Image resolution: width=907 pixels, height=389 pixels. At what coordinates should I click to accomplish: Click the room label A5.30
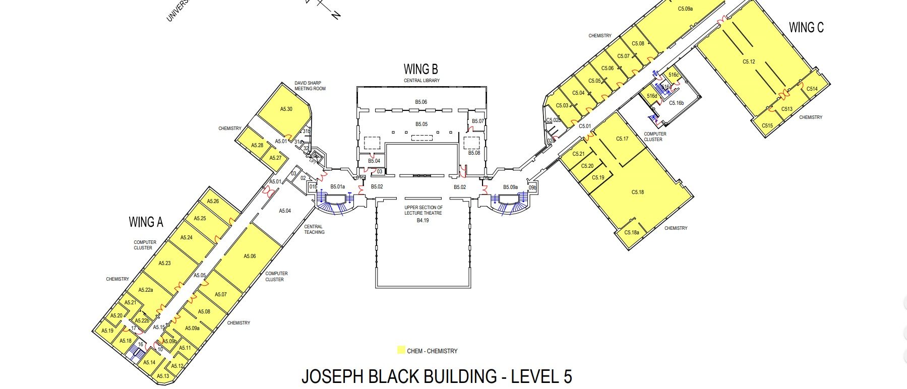(x=286, y=109)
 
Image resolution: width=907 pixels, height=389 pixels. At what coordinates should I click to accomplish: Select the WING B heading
(x=420, y=69)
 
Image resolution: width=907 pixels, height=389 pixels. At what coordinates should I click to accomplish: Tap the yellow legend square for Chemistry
(x=401, y=350)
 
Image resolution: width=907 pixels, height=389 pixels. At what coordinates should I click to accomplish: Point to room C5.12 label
(x=749, y=62)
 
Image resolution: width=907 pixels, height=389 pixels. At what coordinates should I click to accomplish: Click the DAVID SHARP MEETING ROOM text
(x=310, y=86)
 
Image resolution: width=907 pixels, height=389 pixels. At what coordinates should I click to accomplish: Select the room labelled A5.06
(x=250, y=256)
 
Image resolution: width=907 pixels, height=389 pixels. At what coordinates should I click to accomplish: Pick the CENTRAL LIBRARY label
(x=421, y=81)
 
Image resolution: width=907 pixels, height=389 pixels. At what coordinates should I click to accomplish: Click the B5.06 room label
(x=421, y=102)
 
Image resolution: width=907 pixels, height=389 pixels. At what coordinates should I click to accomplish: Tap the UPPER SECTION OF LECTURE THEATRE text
(x=423, y=210)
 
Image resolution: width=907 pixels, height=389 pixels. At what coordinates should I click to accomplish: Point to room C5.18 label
(x=638, y=192)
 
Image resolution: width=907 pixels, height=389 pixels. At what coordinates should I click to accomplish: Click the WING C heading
(x=806, y=28)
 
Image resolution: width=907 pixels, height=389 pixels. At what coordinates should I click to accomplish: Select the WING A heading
(x=146, y=222)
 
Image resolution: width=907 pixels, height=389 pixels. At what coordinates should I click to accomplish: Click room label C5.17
(x=622, y=139)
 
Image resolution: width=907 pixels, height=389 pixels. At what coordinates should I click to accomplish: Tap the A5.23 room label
(x=164, y=263)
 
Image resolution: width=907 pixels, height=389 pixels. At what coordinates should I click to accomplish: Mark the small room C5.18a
(x=631, y=232)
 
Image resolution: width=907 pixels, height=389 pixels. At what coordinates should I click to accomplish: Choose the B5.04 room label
(x=374, y=161)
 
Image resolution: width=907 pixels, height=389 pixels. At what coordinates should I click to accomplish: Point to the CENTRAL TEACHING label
(x=314, y=229)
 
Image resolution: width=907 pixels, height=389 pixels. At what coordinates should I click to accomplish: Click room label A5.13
(x=162, y=376)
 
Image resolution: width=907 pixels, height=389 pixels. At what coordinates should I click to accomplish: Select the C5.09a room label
(x=685, y=9)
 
